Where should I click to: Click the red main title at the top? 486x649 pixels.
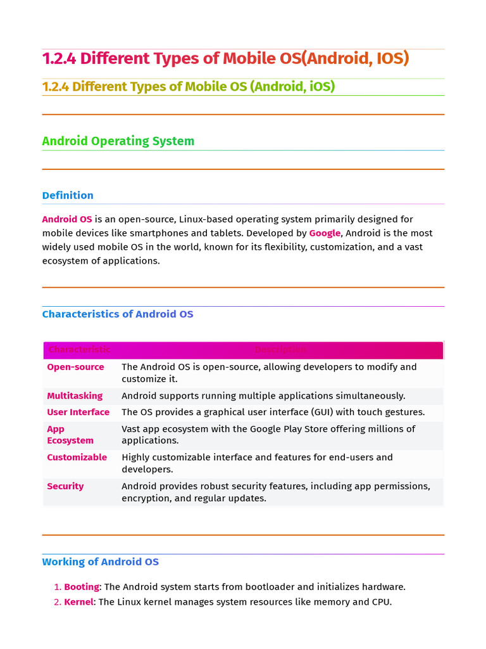tap(225, 59)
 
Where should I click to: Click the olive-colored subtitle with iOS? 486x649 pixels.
tap(188, 87)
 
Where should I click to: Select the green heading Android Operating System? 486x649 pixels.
tap(118, 141)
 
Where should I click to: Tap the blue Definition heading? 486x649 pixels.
tap(68, 195)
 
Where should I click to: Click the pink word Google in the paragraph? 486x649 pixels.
tap(325, 233)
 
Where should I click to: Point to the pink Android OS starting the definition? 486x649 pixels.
tap(67, 219)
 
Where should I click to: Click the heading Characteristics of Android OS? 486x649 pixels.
tap(118, 314)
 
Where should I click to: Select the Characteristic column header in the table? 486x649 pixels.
tap(78, 350)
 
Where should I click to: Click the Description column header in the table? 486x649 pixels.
tap(280, 350)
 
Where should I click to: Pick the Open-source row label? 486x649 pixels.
tap(75, 367)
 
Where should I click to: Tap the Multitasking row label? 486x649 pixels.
tap(75, 396)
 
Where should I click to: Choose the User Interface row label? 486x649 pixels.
tap(78, 413)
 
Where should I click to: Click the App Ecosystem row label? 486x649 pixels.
tap(70, 435)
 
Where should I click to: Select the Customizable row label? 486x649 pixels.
tap(77, 458)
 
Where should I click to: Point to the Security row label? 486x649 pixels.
tap(65, 487)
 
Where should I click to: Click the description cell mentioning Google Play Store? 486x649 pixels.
tap(268, 435)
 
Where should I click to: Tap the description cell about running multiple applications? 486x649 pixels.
tap(263, 396)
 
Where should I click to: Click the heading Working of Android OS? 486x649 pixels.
tap(101, 562)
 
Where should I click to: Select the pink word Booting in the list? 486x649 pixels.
tap(82, 588)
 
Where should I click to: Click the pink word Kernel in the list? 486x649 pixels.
tap(79, 602)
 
